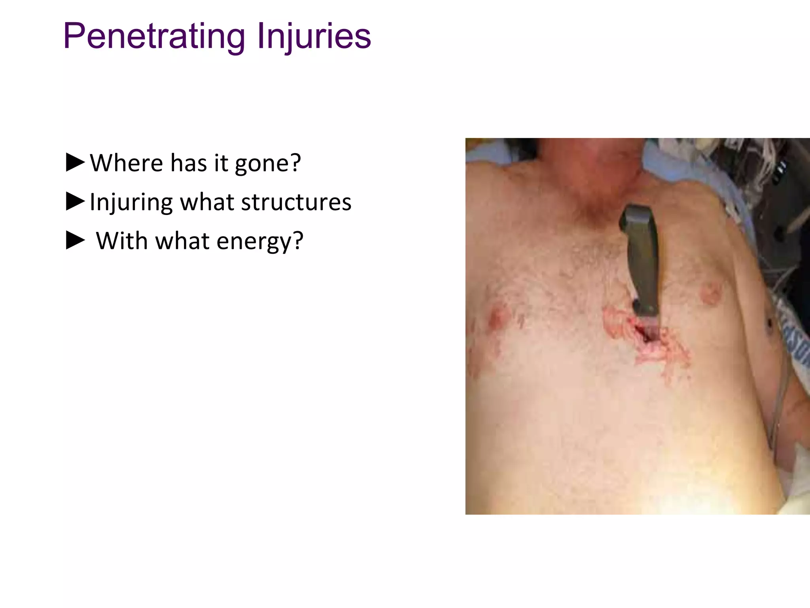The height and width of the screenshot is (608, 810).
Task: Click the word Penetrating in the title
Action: click(x=154, y=36)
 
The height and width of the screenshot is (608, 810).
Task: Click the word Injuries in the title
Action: click(x=314, y=36)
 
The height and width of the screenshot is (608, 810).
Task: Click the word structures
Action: click(x=296, y=202)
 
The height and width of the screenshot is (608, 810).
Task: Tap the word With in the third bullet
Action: click(x=122, y=241)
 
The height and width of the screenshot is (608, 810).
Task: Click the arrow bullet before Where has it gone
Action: click(x=75, y=163)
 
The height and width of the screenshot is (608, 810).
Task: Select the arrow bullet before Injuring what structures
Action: click(x=75, y=201)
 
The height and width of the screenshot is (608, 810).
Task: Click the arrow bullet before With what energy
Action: click(x=75, y=241)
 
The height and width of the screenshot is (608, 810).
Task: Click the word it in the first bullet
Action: click(x=221, y=163)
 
